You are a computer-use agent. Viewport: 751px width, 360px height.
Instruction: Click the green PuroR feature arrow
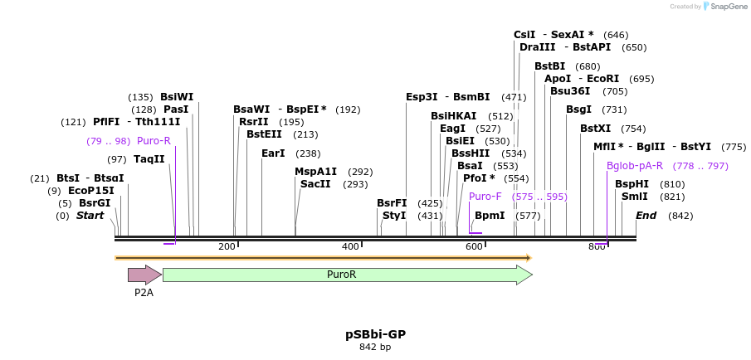tap(347, 275)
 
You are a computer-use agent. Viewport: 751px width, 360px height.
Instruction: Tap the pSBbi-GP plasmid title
tap(375, 334)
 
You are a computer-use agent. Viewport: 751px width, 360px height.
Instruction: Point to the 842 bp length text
tap(375, 348)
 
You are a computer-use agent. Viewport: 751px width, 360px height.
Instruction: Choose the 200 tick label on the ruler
tap(227, 246)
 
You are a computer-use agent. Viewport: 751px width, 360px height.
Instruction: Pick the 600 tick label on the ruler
tap(474, 246)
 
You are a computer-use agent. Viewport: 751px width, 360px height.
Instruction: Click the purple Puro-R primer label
tap(154, 141)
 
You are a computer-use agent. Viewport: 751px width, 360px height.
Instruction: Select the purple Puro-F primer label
tap(485, 197)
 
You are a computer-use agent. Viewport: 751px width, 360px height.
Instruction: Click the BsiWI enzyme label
tap(177, 96)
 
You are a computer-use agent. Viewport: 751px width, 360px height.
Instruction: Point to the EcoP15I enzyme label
tap(91, 191)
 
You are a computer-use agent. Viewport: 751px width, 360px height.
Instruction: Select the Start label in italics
tap(90, 216)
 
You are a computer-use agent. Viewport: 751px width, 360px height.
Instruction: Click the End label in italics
tap(646, 216)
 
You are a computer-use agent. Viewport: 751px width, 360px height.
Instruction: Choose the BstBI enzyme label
tap(549, 66)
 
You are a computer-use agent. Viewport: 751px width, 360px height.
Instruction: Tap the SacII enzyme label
tap(315, 184)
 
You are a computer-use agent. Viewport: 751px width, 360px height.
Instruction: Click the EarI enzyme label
tap(273, 153)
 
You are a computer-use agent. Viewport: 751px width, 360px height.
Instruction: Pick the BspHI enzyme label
tap(632, 184)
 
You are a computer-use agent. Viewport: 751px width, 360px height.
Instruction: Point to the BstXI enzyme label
tap(595, 129)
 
